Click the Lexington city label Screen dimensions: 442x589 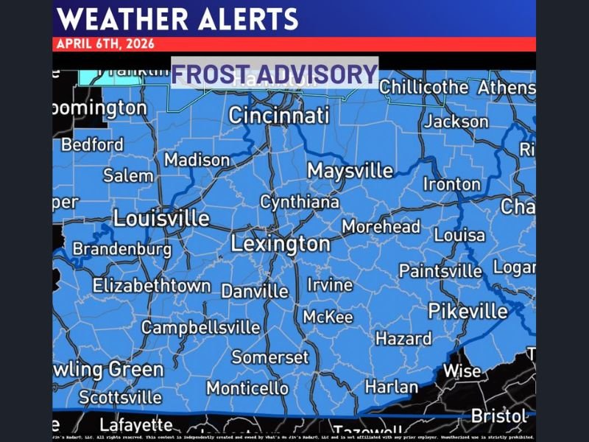click(x=281, y=244)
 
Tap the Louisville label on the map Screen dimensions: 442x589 click(x=161, y=219)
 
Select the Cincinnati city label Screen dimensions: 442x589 click(x=278, y=116)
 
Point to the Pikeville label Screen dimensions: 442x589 click(x=468, y=311)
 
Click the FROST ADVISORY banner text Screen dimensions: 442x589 click(x=275, y=74)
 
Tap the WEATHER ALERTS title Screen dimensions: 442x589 click(x=177, y=18)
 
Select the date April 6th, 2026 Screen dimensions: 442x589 click(x=105, y=43)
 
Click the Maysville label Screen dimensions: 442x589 click(x=350, y=171)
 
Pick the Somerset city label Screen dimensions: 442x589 click(x=270, y=357)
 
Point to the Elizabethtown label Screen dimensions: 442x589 click(x=152, y=285)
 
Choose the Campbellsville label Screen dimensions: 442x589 click(x=200, y=327)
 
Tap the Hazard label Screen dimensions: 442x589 click(x=403, y=339)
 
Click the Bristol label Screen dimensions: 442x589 click(x=498, y=416)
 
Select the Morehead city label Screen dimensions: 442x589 click(x=381, y=227)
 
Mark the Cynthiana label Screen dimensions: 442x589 click(x=300, y=202)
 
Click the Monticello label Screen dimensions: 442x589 click(x=247, y=387)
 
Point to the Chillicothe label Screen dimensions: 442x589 click(x=424, y=87)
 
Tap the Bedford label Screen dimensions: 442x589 click(x=92, y=144)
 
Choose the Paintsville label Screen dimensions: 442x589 click(x=440, y=271)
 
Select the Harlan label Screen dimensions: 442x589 click(x=392, y=386)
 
